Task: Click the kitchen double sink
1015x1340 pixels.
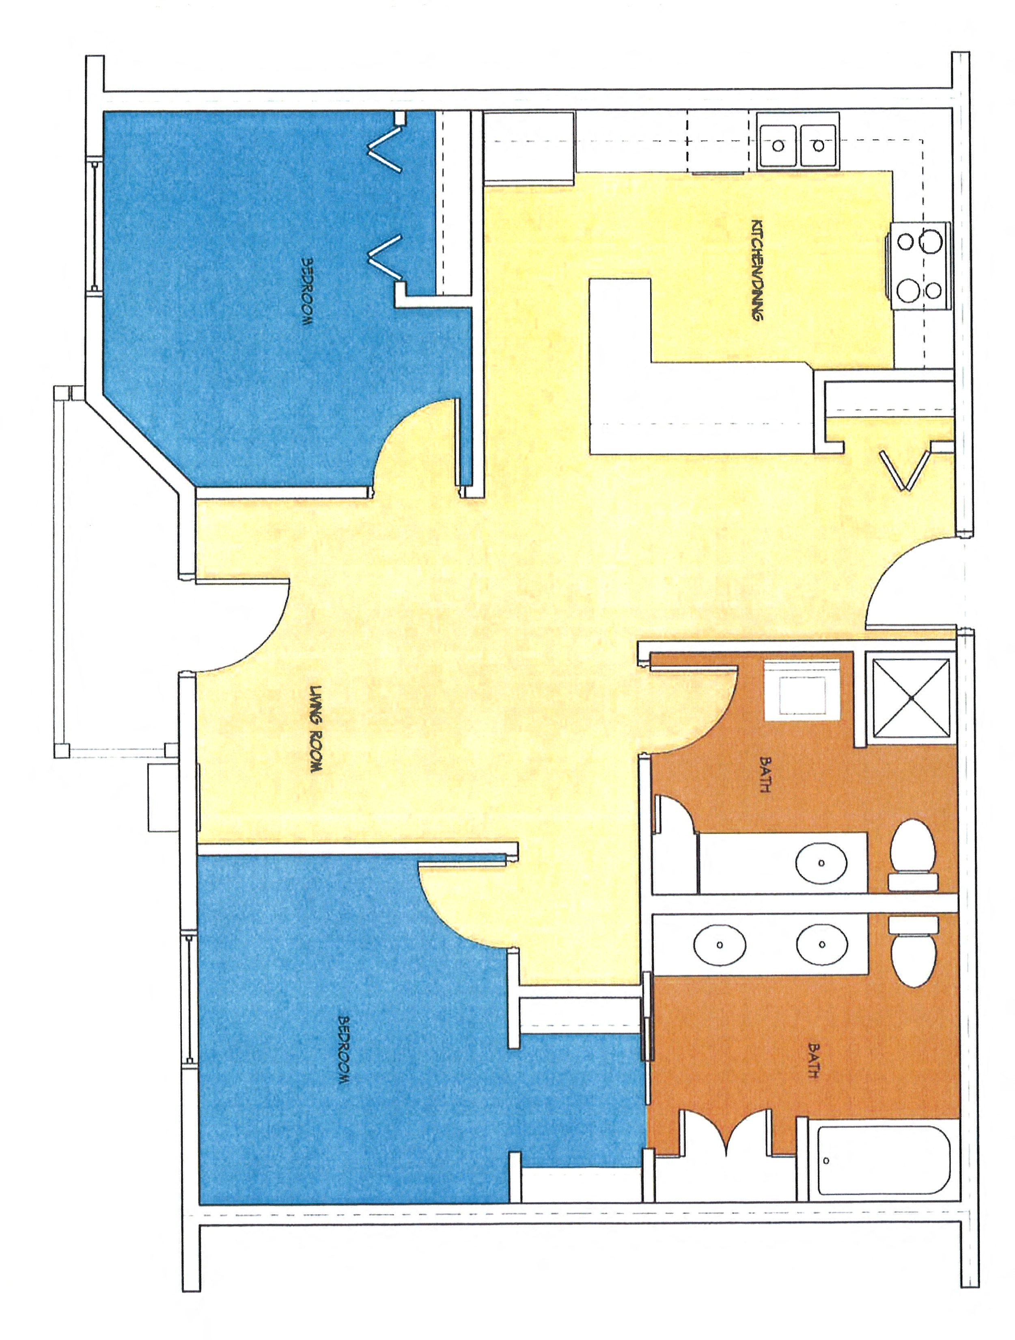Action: tap(797, 145)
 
